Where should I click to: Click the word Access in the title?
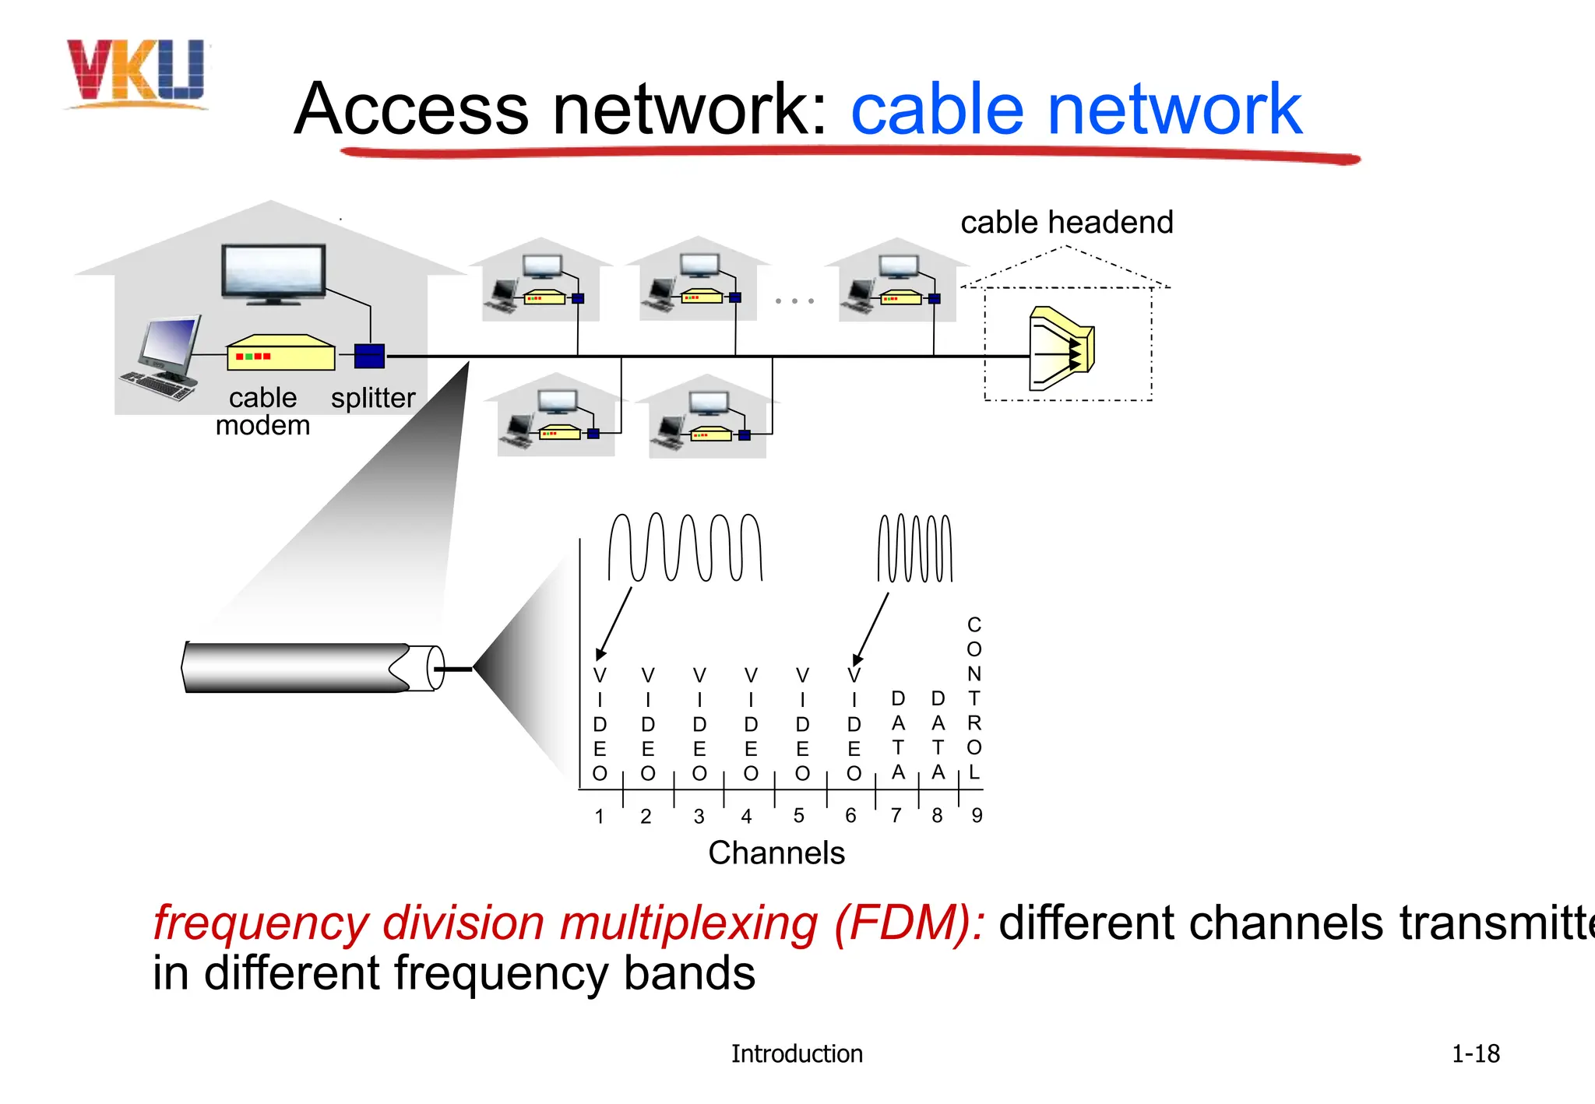(x=411, y=109)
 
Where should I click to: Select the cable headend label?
(x=1066, y=223)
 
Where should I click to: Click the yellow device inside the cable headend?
(x=1061, y=349)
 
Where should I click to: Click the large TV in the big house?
(x=273, y=272)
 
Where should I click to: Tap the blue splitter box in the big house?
(x=369, y=356)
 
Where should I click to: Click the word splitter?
(x=373, y=398)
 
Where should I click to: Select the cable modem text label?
(x=262, y=411)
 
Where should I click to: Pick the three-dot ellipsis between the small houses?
(x=794, y=301)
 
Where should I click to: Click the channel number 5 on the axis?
(x=798, y=815)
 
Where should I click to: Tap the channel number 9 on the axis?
(x=977, y=815)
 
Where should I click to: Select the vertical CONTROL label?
(x=974, y=698)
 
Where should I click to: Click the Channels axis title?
(x=776, y=853)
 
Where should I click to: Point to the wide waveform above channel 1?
(x=685, y=547)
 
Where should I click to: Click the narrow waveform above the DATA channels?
(x=914, y=548)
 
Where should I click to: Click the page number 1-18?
(x=1475, y=1054)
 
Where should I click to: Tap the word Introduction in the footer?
(x=796, y=1054)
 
